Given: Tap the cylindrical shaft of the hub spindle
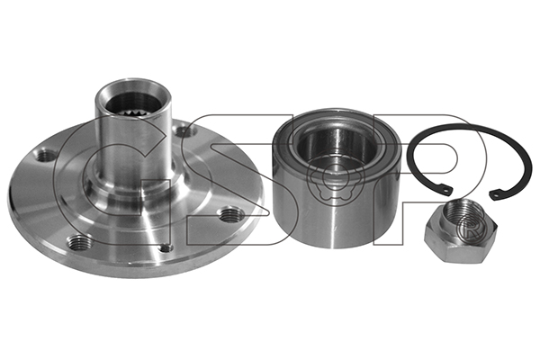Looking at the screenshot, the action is click(x=133, y=145).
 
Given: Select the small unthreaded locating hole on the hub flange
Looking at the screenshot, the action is click(x=166, y=247).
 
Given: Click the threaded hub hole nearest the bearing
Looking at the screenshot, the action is click(x=230, y=215).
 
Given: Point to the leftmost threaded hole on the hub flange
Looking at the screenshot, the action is click(x=46, y=156).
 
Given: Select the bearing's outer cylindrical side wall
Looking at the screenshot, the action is click(x=336, y=213).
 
